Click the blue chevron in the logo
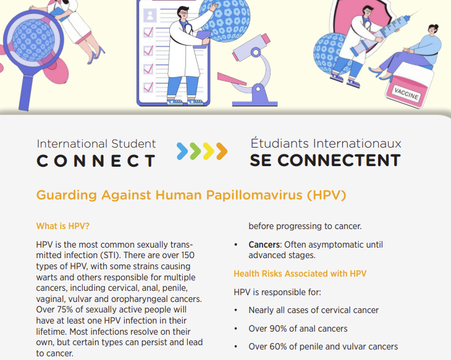pyautogui.click(x=182, y=151)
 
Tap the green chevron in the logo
pyautogui.click(x=196, y=151)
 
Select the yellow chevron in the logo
pyautogui.click(x=209, y=151)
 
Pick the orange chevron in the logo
pyautogui.click(x=222, y=151)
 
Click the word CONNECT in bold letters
pyautogui.click(x=96, y=161)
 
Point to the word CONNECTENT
pyautogui.click(x=339, y=161)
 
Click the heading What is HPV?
pyautogui.click(x=62, y=226)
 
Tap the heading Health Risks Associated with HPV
pyautogui.click(x=300, y=274)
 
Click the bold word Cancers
pyautogui.click(x=264, y=245)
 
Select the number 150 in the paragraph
pyautogui.click(x=188, y=256)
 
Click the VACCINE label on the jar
pyautogui.click(x=406, y=93)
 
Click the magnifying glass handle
pyautogui.click(x=25, y=93)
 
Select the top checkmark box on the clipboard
pyautogui.click(x=148, y=32)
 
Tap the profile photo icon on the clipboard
pyautogui.click(x=150, y=15)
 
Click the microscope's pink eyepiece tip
pyautogui.click(x=266, y=38)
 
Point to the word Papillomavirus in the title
pyautogui.click(x=255, y=195)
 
